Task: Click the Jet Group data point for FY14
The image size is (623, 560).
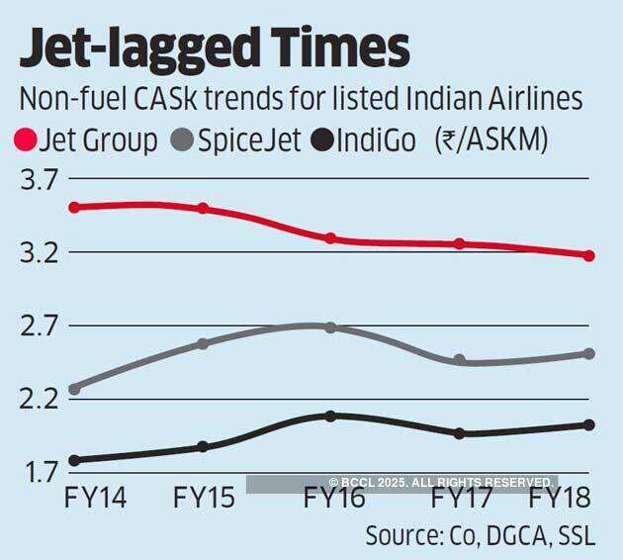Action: (75, 207)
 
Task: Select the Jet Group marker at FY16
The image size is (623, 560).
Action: (331, 238)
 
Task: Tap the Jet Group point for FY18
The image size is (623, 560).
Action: (588, 255)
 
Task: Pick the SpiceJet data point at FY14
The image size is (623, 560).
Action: (75, 389)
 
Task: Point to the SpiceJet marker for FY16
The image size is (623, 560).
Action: (331, 327)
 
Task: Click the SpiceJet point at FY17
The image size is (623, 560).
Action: (459, 360)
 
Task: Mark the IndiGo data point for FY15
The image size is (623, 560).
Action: (203, 446)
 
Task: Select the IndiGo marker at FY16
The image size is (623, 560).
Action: (331, 416)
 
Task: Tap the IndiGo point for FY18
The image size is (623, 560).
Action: (588, 425)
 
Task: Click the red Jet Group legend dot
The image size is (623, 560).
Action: (27, 141)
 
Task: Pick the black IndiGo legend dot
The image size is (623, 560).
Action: (320, 141)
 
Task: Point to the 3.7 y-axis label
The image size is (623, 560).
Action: (36, 180)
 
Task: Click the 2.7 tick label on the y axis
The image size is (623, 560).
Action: (36, 326)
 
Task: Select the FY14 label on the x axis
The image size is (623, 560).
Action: (95, 497)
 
